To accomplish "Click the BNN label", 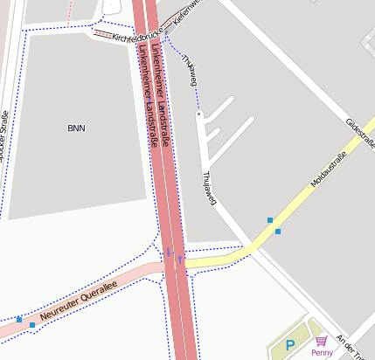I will pos(77,128).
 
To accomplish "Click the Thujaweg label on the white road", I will pos(209,188).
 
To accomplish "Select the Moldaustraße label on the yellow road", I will pos(329,170).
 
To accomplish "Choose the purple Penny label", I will pos(322,352).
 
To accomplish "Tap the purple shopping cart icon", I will pos(322,341).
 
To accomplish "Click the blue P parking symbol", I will pos(291,347).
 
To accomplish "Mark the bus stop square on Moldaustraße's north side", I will pos(270,220).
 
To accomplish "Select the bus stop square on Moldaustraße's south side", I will pos(278,232).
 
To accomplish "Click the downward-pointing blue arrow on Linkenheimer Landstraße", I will pos(169,253).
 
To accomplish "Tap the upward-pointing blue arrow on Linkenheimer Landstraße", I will pos(180,260).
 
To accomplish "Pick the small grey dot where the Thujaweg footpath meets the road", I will pos(199,114).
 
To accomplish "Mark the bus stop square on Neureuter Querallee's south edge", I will pos(32,325).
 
